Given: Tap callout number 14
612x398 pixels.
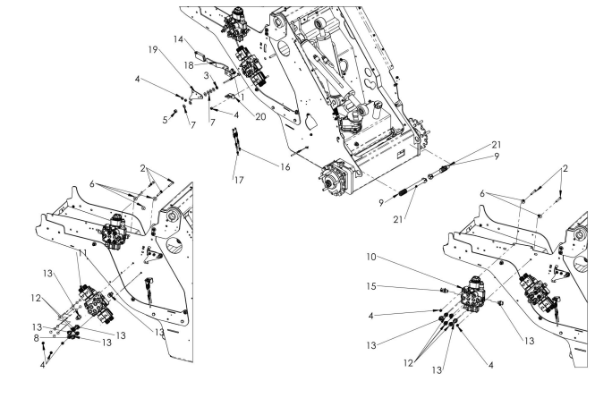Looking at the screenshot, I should pos(179,39).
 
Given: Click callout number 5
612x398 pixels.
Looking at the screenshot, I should pos(165,118).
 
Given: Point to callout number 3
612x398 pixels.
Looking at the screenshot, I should pos(204,75).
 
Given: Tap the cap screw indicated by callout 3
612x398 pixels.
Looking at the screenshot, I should pos(215,86).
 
